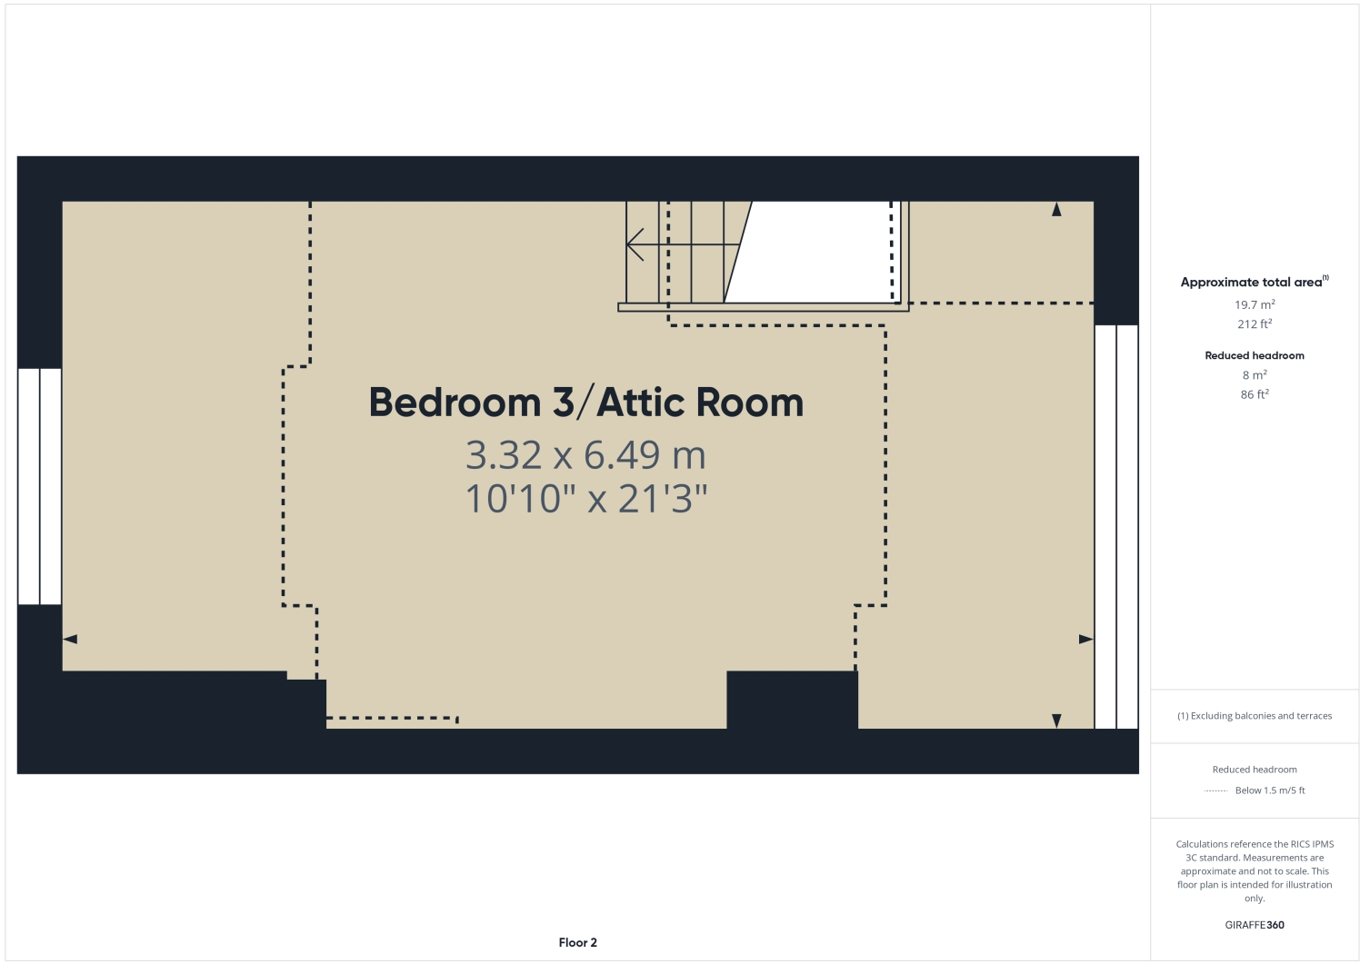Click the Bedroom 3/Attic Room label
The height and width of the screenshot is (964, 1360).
point(586,402)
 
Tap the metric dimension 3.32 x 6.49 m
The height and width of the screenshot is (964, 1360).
point(585,454)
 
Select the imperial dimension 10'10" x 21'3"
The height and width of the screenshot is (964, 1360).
point(585,499)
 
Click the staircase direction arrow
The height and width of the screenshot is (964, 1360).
point(635,244)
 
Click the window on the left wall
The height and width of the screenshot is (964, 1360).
point(39,486)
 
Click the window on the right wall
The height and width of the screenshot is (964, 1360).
point(1115,527)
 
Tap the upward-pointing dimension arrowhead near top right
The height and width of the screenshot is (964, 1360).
point(1056,210)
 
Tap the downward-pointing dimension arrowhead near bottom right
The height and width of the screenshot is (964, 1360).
point(1056,721)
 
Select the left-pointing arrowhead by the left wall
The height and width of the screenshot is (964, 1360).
point(70,640)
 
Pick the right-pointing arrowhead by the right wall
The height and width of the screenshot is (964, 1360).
point(1085,640)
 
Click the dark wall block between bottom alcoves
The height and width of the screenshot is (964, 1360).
point(792,699)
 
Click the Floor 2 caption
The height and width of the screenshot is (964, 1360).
point(578,942)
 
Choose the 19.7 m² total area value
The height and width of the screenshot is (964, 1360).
point(1255,305)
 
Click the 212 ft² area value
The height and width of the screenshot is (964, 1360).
point(1255,324)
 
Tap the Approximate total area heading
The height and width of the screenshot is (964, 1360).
point(1252,283)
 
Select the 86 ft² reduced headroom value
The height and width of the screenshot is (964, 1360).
point(1255,394)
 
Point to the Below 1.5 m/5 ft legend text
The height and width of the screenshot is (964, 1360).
point(1270,790)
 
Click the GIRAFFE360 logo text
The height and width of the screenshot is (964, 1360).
point(1255,925)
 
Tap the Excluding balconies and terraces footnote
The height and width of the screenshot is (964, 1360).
point(1255,716)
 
